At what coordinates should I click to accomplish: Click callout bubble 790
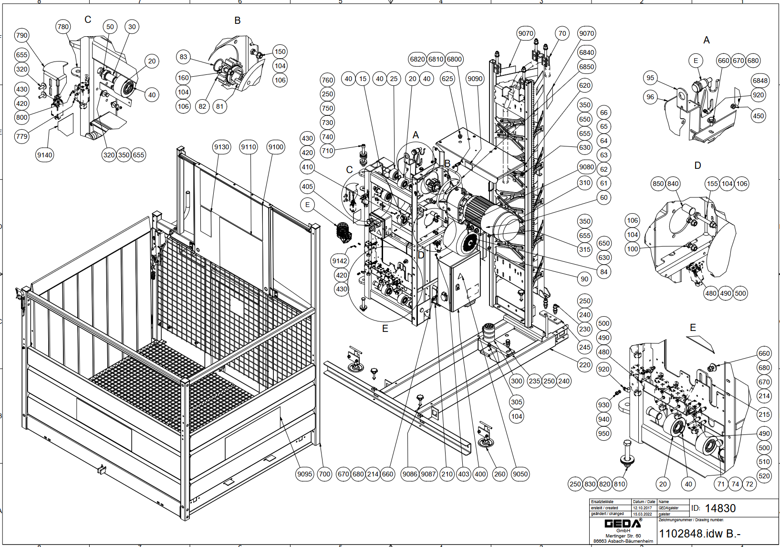coord(22,35)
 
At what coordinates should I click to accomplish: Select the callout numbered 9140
coord(45,155)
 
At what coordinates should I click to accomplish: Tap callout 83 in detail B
coord(184,57)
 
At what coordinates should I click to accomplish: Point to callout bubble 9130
coord(222,147)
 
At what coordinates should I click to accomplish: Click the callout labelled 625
coord(447,79)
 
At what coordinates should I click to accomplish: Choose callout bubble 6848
coord(760,80)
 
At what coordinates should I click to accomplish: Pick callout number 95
coord(650,78)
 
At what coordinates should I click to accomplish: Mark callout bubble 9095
coord(305,474)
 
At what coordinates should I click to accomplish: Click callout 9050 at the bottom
coord(520,474)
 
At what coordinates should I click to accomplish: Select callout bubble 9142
coord(340,261)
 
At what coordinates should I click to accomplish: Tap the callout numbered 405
coord(308,186)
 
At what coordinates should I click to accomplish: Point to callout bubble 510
coord(764,462)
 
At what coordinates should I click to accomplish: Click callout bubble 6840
coord(586,52)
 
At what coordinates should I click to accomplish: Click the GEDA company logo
coord(623,524)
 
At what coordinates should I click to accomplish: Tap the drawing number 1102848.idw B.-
coord(700,534)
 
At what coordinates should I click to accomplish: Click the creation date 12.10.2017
coord(642,508)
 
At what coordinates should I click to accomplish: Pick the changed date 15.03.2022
coord(642,514)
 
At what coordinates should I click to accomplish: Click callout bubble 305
coord(517,402)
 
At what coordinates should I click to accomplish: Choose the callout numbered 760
coord(327,80)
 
